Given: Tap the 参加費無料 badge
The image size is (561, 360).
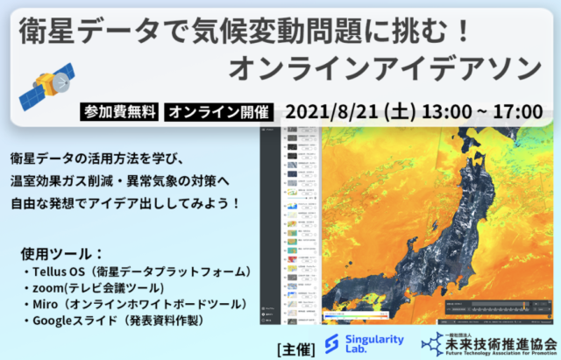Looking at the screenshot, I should pyautogui.click(x=119, y=113).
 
